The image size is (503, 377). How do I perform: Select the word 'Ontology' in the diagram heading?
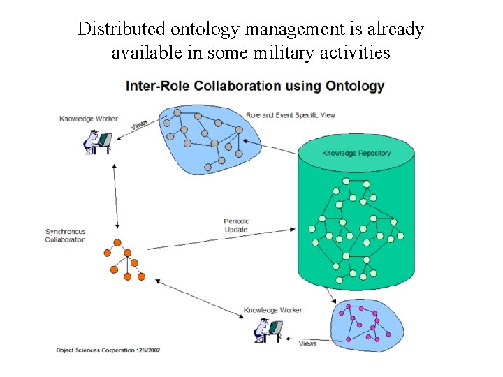[354, 87]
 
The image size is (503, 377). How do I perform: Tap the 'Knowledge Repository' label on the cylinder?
[356, 153]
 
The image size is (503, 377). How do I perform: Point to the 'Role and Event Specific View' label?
[291, 114]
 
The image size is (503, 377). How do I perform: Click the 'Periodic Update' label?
[236, 226]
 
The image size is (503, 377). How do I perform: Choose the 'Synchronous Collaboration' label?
[66, 235]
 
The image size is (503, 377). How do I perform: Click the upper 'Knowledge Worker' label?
[89, 119]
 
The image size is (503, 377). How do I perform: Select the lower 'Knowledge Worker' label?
[273, 310]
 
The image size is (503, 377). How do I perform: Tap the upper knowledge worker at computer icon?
[97, 142]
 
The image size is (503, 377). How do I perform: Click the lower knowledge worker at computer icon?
[268, 330]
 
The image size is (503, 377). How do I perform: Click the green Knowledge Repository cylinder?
[357, 223]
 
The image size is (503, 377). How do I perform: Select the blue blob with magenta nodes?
[366, 323]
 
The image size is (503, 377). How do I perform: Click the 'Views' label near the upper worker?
[140, 124]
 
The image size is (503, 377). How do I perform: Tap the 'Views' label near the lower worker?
[307, 343]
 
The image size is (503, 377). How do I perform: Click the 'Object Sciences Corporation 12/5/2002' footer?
[108, 349]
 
